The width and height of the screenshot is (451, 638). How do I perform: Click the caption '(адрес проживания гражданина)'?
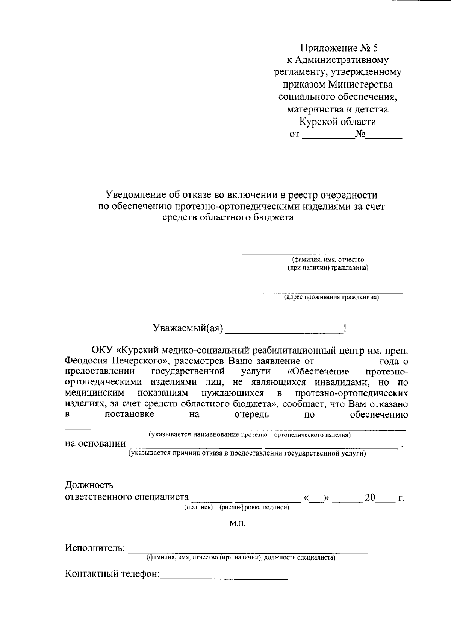click(331, 297)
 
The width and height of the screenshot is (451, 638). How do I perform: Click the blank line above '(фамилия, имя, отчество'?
click(322, 255)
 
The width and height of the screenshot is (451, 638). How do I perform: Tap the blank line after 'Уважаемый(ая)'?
click(284, 333)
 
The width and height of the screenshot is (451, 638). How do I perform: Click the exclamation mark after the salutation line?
click(345, 328)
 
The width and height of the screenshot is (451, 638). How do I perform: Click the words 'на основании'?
click(95, 444)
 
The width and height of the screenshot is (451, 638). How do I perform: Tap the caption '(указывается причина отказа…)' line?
click(247, 454)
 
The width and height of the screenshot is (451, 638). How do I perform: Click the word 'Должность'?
click(89, 485)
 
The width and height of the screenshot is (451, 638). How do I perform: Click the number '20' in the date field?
click(370, 497)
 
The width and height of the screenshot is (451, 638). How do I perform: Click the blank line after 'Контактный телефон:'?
click(224, 577)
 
